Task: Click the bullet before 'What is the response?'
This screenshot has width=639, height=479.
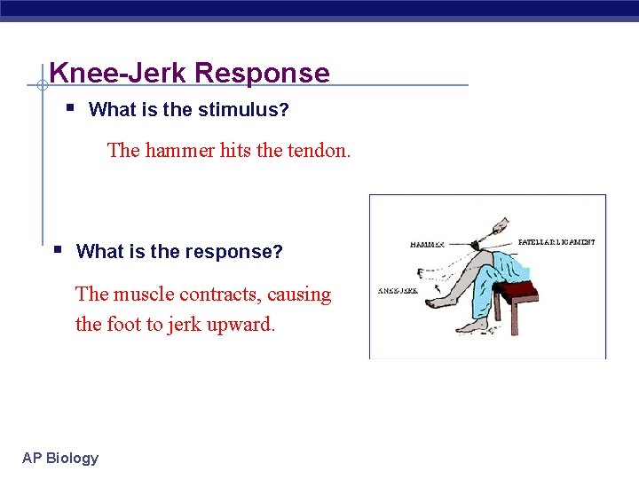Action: point(57,249)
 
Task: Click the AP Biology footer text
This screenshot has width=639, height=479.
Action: point(60,458)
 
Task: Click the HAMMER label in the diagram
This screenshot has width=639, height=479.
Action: point(428,244)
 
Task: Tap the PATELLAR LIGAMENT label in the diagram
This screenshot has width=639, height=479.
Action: point(556,241)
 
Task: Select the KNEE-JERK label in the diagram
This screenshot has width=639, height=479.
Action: point(397,290)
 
